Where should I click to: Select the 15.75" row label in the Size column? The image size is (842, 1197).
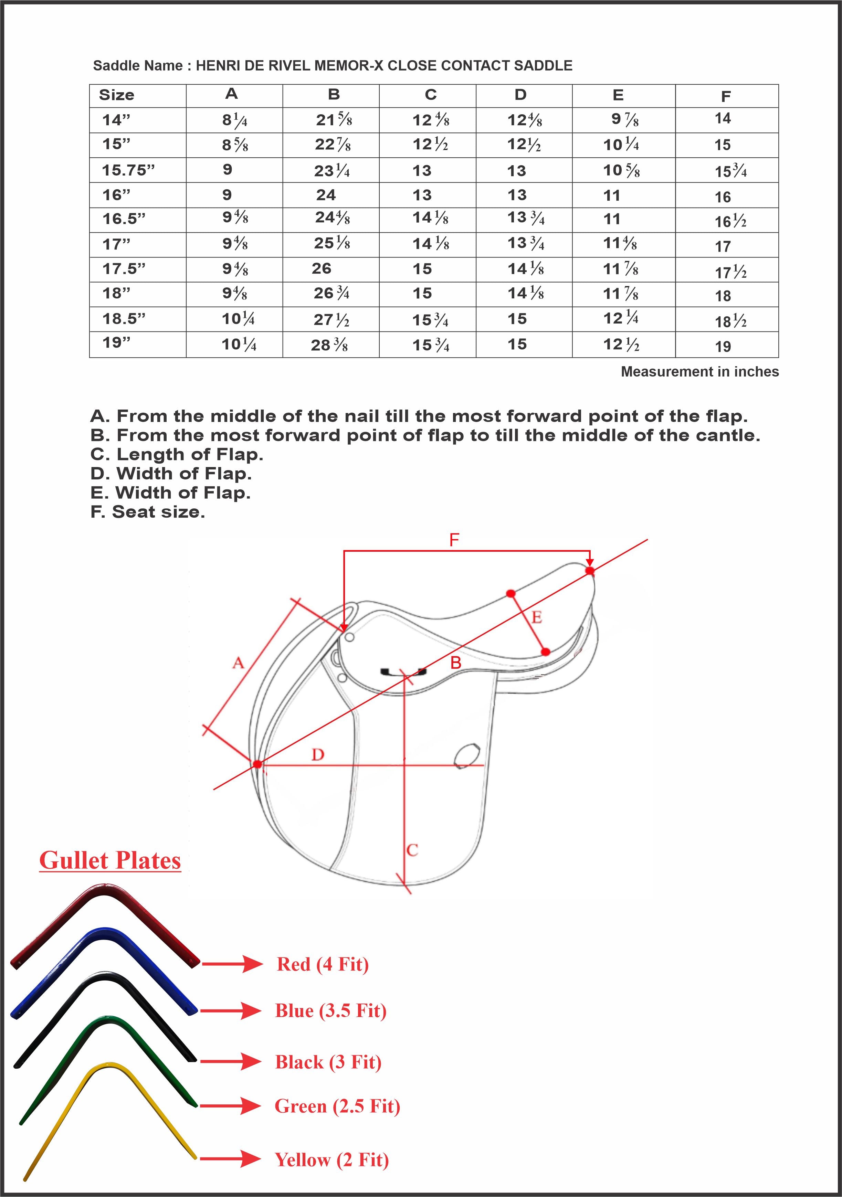click(128, 170)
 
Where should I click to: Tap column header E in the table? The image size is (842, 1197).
click(618, 95)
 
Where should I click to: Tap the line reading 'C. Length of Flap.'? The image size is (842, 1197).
click(177, 455)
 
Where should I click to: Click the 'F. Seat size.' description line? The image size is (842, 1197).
click(148, 512)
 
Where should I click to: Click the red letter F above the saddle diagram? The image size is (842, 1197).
click(454, 540)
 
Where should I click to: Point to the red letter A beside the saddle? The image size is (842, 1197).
click(238, 663)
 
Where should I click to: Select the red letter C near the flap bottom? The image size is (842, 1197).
click(412, 850)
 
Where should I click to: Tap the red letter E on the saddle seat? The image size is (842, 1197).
click(536, 618)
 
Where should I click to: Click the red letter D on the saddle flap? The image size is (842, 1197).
click(317, 754)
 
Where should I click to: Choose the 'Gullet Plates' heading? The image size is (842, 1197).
click(110, 861)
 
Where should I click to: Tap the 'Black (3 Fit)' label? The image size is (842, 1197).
click(328, 1062)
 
